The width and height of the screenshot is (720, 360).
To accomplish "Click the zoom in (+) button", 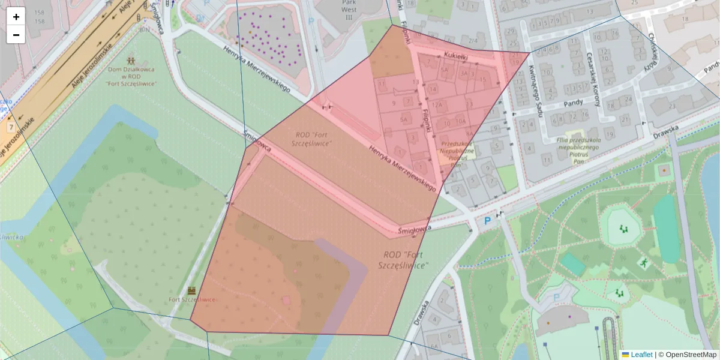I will tap(16, 17).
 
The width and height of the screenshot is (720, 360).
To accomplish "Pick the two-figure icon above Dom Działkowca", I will tap(131, 61).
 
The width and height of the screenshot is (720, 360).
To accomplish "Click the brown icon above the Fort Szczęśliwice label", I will tap(192, 290).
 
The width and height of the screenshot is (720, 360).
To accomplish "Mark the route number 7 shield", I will tap(11, 128).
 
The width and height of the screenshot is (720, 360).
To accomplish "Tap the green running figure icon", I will tap(643, 263).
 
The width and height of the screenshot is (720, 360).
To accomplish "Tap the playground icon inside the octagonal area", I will tap(624, 229).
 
